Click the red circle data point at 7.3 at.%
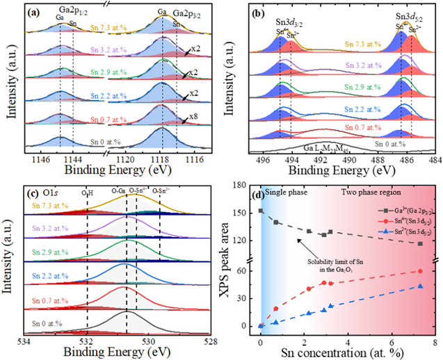(420, 271)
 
